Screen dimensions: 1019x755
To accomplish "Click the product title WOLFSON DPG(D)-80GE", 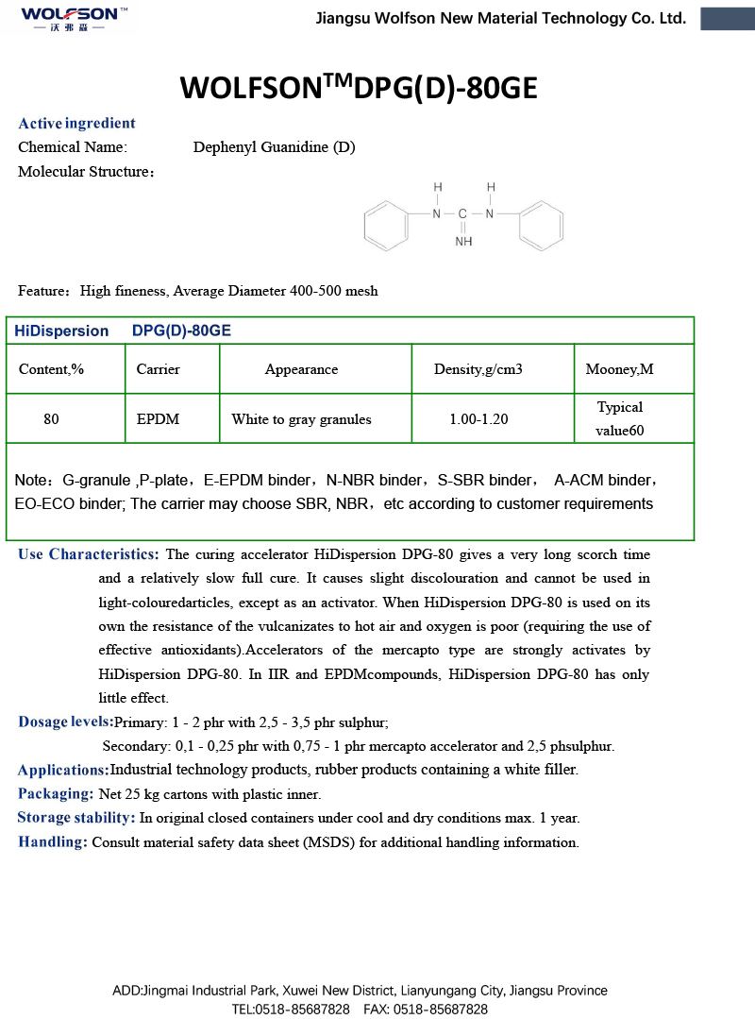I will pyautogui.click(x=359, y=88).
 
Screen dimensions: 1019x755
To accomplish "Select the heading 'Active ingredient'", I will pyautogui.click(x=76, y=123).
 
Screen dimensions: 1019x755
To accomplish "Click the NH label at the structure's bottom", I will pyautogui.click(x=463, y=242).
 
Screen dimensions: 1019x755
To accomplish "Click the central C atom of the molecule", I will pyautogui.click(x=462, y=214).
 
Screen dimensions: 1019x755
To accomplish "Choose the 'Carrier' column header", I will pyautogui.click(x=158, y=369).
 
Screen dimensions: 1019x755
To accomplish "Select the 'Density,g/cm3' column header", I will pyautogui.click(x=478, y=369).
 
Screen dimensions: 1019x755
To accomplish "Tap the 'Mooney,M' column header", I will pyautogui.click(x=619, y=369).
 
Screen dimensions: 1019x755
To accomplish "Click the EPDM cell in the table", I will pyautogui.click(x=158, y=419).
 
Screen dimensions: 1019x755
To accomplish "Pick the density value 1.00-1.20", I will pyautogui.click(x=478, y=419).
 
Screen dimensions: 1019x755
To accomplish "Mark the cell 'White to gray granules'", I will pyautogui.click(x=301, y=419).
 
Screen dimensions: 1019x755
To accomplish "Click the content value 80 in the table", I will pyautogui.click(x=51, y=419).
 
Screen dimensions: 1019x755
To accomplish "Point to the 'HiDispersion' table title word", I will pyautogui.click(x=61, y=331).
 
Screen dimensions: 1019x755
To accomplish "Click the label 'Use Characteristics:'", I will pyautogui.click(x=89, y=554).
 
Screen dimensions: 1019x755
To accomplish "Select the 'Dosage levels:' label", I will pyautogui.click(x=65, y=722).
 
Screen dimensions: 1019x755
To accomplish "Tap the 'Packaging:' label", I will pyautogui.click(x=56, y=794).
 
